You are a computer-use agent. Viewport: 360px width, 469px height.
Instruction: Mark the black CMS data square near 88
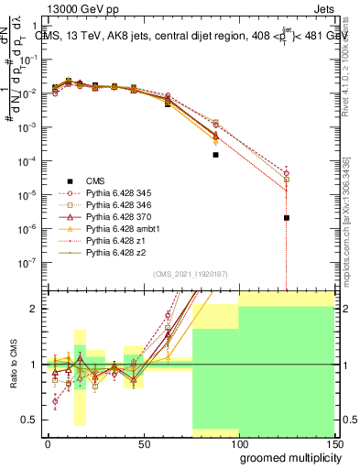215,155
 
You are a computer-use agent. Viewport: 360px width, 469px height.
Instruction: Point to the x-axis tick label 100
239,442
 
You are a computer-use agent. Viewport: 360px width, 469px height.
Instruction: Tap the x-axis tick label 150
334,442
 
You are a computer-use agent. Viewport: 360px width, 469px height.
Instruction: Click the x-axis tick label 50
144,442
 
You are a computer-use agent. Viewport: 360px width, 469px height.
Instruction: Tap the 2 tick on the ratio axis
33,309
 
